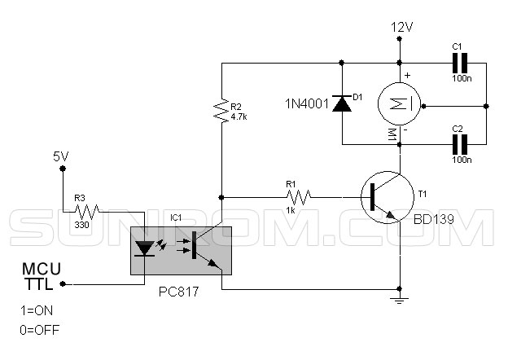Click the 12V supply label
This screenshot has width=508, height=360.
coord(401,27)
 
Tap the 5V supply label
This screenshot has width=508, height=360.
coord(61,157)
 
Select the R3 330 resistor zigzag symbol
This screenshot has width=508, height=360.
coord(87,212)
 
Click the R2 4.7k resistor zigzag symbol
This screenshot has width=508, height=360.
coord(221,110)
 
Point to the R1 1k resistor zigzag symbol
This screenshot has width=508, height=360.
coord(299,197)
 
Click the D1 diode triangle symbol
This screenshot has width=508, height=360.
coord(342,104)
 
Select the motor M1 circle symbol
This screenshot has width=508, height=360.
coord(400,103)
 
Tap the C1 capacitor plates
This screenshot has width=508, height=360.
coord(460,64)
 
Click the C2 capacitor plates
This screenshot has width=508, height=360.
coord(460,144)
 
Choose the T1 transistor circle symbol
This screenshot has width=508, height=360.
coord(388,197)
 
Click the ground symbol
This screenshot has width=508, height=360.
coord(400,300)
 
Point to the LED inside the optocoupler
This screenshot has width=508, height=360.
coord(144,248)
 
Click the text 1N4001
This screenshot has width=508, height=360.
coord(306,103)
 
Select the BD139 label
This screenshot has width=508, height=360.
coord(433,219)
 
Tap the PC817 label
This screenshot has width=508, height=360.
coord(178,292)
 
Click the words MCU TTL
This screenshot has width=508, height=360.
coord(42,277)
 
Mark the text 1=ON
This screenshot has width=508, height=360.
coord(37,310)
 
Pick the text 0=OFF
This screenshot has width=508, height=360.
coord(40,330)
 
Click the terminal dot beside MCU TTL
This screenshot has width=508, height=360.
coord(63,284)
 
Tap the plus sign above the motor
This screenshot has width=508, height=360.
coord(407,75)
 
